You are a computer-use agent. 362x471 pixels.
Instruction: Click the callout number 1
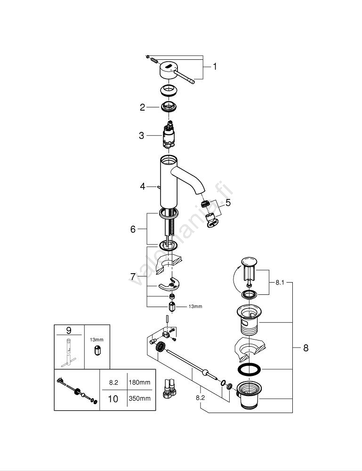click(x=215, y=67)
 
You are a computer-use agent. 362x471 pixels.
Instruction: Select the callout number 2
click(x=142, y=107)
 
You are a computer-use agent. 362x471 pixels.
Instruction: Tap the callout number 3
click(x=141, y=136)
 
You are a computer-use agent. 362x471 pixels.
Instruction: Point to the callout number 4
click(x=143, y=187)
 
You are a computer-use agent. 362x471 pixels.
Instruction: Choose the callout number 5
click(x=228, y=203)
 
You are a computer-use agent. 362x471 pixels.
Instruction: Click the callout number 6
click(x=133, y=229)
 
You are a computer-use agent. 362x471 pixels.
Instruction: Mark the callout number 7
click(x=133, y=276)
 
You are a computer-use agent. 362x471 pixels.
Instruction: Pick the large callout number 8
click(x=306, y=348)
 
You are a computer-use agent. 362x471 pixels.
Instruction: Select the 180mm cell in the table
click(x=139, y=382)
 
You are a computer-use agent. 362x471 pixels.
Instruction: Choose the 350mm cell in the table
click(x=139, y=398)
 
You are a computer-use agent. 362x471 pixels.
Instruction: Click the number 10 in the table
click(x=113, y=398)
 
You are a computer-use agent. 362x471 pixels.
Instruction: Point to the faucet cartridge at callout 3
click(x=169, y=136)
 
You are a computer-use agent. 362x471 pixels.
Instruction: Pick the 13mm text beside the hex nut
click(x=195, y=307)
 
